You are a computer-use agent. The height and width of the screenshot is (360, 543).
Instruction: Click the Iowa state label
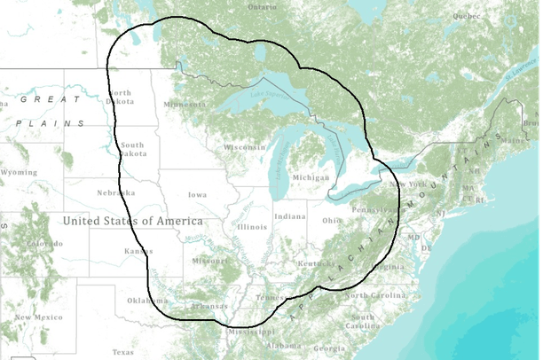point(197,194)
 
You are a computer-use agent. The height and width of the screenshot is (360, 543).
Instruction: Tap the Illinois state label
point(252,226)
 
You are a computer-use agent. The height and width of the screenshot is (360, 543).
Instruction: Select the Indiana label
point(290,216)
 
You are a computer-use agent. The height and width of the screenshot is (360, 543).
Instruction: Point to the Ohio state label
point(331,220)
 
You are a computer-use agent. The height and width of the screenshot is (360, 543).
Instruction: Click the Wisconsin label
point(245,147)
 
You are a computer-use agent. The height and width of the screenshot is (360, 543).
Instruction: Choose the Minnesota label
point(185,105)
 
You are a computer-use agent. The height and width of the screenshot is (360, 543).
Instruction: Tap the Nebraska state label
point(116,192)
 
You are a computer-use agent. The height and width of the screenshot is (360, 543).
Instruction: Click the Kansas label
point(138,252)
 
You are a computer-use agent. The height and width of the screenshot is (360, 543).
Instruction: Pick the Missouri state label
point(210,262)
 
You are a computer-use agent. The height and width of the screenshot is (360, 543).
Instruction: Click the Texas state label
point(123,352)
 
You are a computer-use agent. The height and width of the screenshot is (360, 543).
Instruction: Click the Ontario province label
point(262,7)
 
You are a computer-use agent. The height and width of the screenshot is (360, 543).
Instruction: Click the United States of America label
point(132,220)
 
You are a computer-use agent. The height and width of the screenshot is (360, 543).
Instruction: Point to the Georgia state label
point(329,348)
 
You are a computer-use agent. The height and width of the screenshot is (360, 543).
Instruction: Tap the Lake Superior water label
point(269,95)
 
